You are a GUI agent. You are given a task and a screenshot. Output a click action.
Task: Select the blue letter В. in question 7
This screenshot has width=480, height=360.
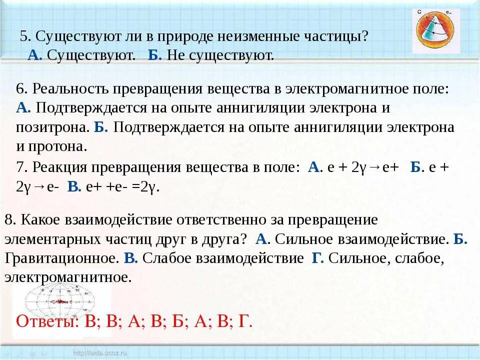(x=74, y=187)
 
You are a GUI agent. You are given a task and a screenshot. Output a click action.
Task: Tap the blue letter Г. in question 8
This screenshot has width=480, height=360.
(x=318, y=258)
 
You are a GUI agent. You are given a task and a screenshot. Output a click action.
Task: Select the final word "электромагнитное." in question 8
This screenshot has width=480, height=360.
(x=68, y=277)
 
